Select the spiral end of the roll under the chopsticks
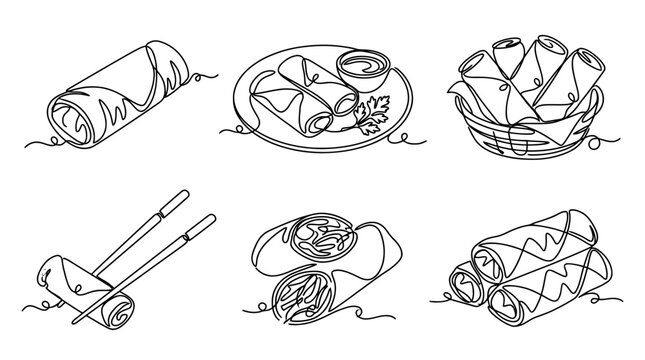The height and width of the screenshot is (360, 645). click(114, 308)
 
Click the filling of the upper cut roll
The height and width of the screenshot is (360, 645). click(322, 243)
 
